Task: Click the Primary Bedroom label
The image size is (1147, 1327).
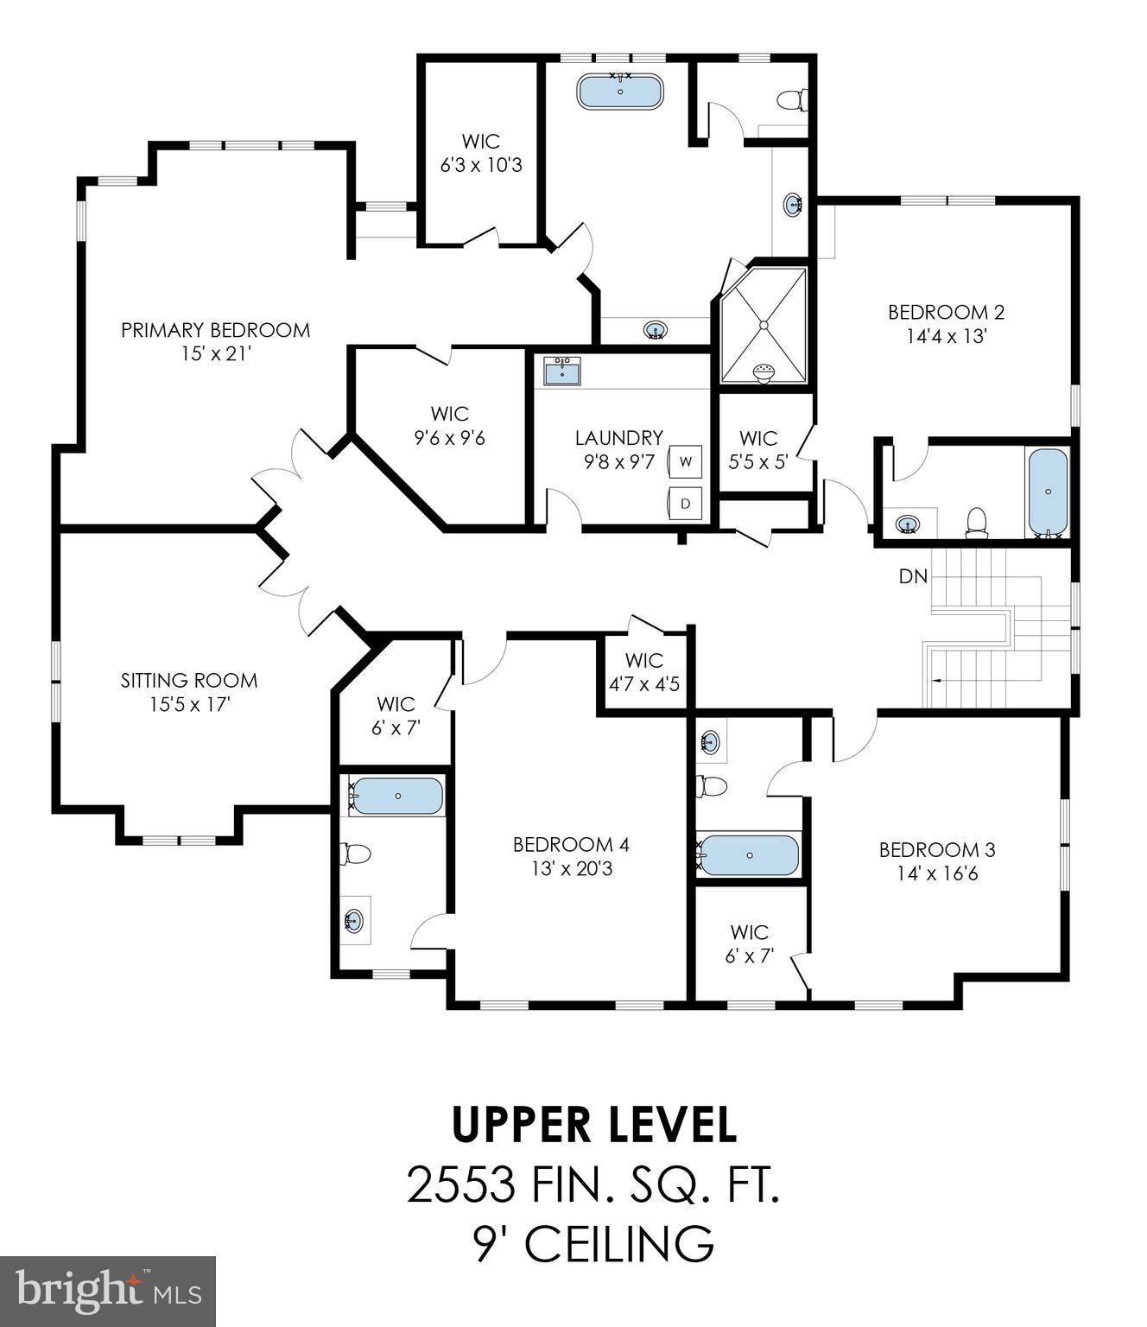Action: click(x=215, y=330)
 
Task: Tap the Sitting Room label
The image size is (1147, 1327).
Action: click(x=189, y=681)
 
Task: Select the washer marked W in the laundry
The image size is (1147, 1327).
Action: click(x=685, y=461)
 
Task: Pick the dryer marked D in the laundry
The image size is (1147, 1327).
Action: click(x=685, y=503)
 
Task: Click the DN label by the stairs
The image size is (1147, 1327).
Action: click(x=913, y=576)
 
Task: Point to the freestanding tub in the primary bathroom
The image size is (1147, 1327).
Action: click(x=619, y=92)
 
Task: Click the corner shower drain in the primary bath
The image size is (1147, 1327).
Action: click(x=764, y=325)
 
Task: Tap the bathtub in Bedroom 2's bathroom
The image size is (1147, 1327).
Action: click(x=1048, y=491)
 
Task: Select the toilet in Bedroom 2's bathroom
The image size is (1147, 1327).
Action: click(x=976, y=522)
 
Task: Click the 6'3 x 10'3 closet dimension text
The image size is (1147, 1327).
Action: click(x=481, y=165)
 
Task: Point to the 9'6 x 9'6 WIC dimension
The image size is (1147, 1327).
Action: click(x=449, y=438)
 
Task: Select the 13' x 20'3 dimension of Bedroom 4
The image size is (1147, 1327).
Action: click(x=571, y=868)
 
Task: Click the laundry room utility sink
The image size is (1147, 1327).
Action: click(x=562, y=371)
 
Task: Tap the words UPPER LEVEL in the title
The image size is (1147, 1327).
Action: click(x=594, y=1124)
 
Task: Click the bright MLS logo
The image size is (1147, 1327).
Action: click(x=108, y=1292)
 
